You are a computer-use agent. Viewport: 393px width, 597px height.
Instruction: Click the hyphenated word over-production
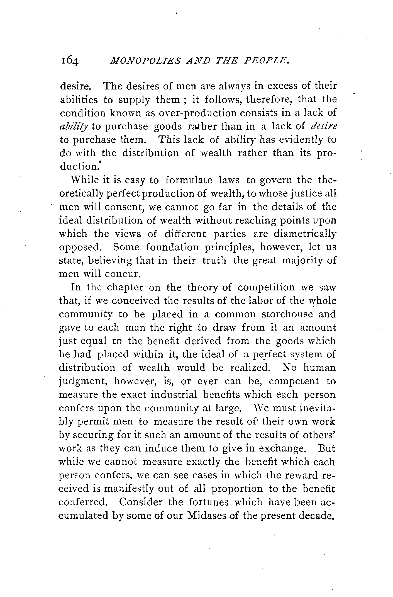coord(189,113)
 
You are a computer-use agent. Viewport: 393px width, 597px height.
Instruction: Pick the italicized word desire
coord(323,126)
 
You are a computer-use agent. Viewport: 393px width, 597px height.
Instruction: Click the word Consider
coord(141,502)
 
